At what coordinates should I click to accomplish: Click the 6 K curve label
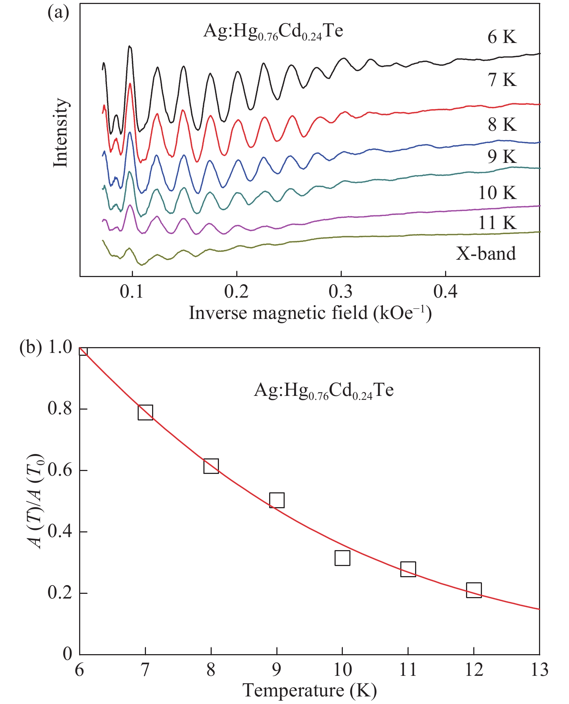click(502, 37)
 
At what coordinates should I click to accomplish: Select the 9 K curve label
click(502, 157)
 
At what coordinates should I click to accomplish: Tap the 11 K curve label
click(497, 223)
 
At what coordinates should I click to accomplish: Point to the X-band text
click(486, 254)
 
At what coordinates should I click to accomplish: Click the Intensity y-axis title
click(61, 133)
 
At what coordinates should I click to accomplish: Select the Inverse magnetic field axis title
click(310, 313)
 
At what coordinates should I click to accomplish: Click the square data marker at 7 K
click(145, 412)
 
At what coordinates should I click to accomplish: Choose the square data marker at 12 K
click(474, 590)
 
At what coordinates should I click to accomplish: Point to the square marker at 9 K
click(277, 500)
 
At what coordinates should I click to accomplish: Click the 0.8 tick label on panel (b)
click(60, 409)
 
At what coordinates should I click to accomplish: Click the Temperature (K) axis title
click(310, 691)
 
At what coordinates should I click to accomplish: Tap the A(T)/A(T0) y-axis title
click(37, 501)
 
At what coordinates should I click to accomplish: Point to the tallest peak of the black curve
click(130, 47)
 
